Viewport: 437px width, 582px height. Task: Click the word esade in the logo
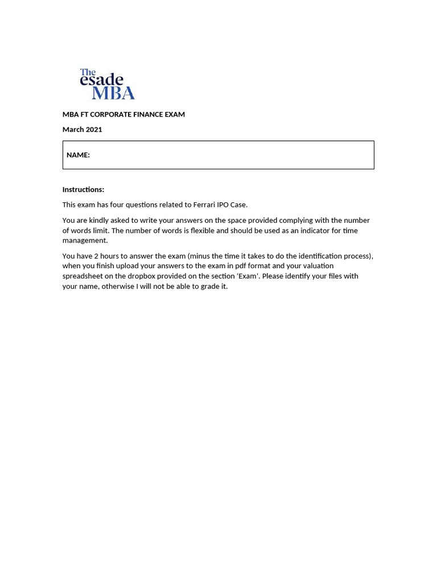(x=101, y=80)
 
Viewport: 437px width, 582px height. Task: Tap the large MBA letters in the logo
(x=113, y=93)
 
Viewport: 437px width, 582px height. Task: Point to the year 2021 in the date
(x=94, y=130)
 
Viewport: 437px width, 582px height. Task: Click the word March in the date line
(x=73, y=130)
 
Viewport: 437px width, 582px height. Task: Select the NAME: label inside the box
(x=78, y=155)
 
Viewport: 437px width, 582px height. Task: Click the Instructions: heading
(x=83, y=190)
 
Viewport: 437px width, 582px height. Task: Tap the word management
(x=85, y=240)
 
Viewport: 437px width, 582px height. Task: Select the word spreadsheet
(x=83, y=276)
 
